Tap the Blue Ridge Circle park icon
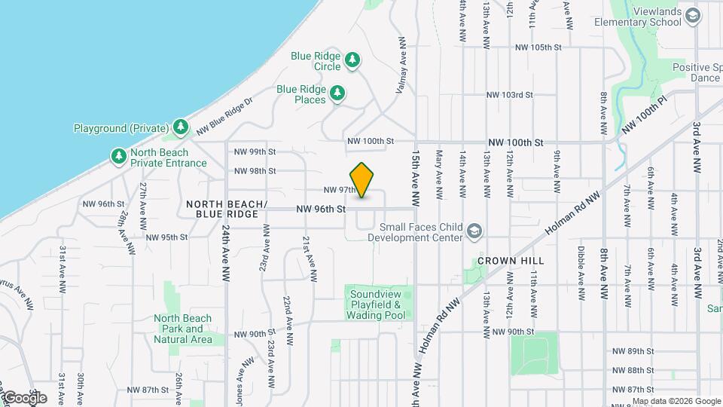tap(352, 60)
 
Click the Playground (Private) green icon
tap(180, 127)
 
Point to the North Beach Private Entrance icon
tap(118, 156)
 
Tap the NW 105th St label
tap(538, 47)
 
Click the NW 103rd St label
tap(509, 95)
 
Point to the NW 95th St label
tap(166, 237)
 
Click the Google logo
tap(24, 397)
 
